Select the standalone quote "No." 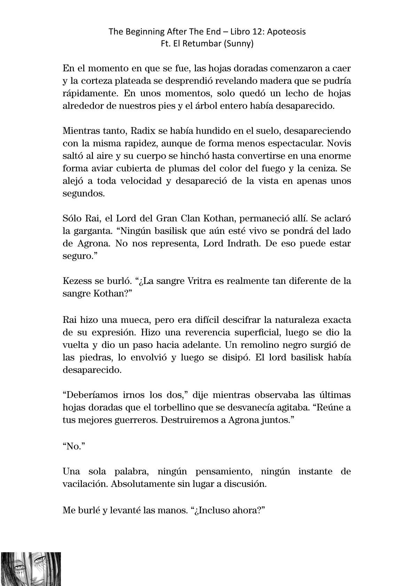click(72, 446)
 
